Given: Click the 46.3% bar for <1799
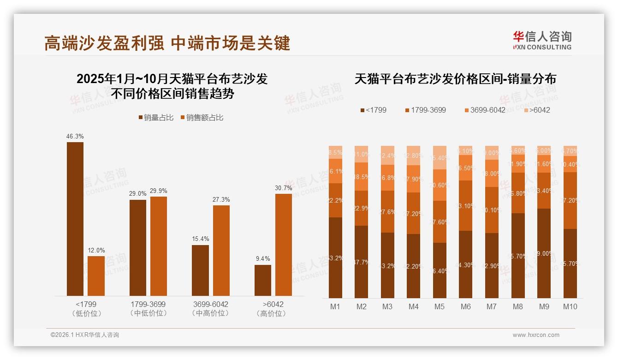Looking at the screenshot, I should [75, 219].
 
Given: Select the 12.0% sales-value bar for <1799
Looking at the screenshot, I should [96, 276].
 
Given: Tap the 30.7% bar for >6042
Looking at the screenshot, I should [284, 245].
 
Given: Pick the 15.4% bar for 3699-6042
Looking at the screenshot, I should [200, 270].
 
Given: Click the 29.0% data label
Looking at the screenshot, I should [137, 194].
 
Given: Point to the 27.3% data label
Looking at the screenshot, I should [221, 199].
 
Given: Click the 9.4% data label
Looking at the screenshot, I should [263, 258].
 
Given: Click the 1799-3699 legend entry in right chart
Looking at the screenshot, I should [425, 110].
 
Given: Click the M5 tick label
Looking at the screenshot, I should [440, 306].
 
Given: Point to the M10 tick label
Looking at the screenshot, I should [570, 306].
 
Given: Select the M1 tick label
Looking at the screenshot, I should [335, 306].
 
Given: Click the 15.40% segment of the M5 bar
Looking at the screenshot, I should [440, 157].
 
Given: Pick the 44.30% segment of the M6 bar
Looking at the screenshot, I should [466, 264].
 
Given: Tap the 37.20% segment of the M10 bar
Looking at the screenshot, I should [570, 200].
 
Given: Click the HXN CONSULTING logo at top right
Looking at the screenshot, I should [542, 40].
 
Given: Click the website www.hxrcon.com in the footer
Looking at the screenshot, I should [536, 335].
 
